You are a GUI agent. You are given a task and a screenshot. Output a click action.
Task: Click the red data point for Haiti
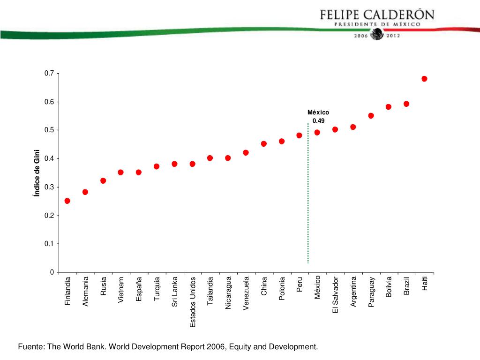[424, 79]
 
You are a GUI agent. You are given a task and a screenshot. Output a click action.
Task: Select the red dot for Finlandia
[67, 201]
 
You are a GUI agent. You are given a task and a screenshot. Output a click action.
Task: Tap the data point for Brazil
[406, 104]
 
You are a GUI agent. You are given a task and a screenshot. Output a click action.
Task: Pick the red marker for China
[264, 144]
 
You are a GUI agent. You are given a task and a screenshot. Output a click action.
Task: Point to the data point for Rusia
[103, 181]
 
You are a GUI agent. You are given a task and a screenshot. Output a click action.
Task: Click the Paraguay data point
[371, 116]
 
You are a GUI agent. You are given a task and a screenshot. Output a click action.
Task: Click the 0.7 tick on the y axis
[49, 74]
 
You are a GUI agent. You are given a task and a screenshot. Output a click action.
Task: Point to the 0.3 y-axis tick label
[49, 187]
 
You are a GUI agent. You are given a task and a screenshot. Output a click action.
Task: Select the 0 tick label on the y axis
[52, 272]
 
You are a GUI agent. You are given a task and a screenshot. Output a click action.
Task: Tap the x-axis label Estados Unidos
[193, 302]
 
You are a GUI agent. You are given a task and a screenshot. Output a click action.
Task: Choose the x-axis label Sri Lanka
[175, 292]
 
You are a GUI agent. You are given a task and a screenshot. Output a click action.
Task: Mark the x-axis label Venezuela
[246, 293]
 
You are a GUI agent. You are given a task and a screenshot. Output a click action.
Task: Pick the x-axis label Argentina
[353, 292]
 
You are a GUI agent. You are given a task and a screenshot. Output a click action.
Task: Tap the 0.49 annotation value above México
[318, 120]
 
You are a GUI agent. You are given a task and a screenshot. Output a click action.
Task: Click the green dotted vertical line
[308, 197]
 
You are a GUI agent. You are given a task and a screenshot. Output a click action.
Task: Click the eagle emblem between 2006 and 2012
[377, 35]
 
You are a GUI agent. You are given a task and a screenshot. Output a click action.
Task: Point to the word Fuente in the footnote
[30, 347]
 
